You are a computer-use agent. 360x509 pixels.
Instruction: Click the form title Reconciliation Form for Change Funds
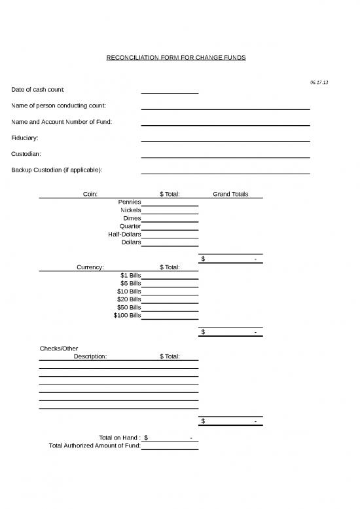tap(176, 58)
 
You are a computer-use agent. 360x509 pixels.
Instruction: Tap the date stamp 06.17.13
tap(319, 82)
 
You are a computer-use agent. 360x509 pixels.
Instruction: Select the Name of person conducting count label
tap(59, 105)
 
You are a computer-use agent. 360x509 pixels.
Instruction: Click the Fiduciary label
tap(25, 138)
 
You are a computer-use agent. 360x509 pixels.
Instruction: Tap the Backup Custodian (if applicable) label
tap(56, 170)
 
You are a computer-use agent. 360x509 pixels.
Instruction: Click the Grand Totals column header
tap(230, 194)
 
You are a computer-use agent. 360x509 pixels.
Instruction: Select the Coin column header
tap(90, 194)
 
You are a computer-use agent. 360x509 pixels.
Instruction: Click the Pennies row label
tap(130, 202)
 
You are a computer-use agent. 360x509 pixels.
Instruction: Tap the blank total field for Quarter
tap(170, 226)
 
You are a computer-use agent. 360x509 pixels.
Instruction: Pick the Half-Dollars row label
tap(124, 234)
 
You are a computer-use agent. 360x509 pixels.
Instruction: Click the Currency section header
tap(90, 267)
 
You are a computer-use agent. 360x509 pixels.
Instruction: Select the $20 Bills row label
tap(129, 299)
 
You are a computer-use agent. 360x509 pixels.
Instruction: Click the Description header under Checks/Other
tap(90, 356)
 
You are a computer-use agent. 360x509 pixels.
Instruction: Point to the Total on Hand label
tap(120, 437)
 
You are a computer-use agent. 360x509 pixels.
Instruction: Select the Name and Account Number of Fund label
tap(62, 122)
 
